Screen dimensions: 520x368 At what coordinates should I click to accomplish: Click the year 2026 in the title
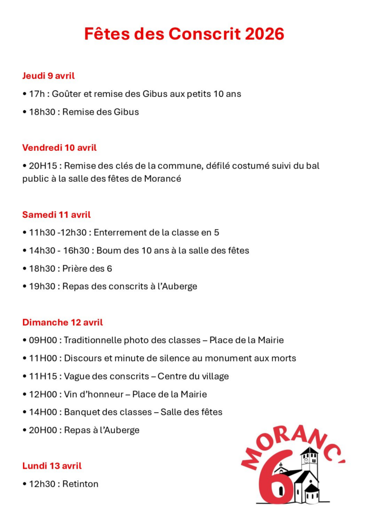click(x=264, y=34)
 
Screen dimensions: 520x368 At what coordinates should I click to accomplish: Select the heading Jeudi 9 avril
click(x=48, y=76)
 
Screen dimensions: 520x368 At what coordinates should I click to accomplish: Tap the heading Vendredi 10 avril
click(x=59, y=148)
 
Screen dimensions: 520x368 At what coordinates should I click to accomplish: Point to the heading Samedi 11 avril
click(x=56, y=214)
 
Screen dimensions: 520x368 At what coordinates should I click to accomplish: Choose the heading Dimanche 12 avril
click(x=63, y=322)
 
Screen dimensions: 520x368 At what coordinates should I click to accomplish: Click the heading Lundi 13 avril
click(x=52, y=465)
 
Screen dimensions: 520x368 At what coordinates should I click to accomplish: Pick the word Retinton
click(x=80, y=483)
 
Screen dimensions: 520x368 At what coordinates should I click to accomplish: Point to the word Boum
click(x=108, y=250)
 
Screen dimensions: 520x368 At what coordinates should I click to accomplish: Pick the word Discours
click(x=83, y=358)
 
